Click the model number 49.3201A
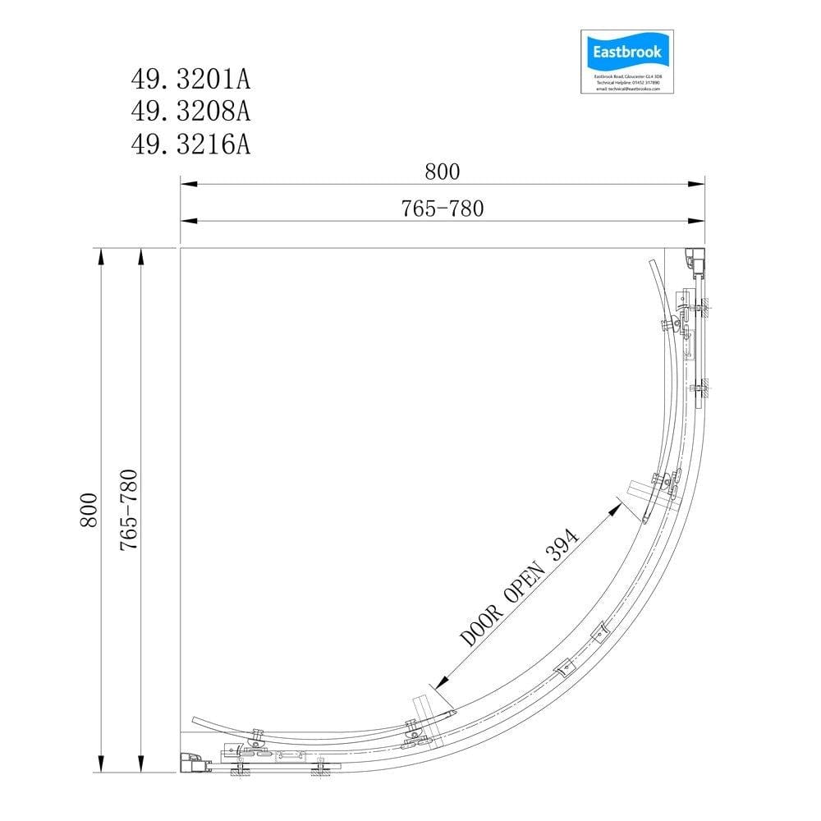[190, 80]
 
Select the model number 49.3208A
[190, 112]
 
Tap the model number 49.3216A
[190, 144]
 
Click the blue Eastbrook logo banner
[626, 53]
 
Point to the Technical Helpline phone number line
[626, 82]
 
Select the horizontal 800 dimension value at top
[443, 172]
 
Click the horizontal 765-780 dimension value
[443, 209]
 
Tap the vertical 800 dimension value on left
[89, 510]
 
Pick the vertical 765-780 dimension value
[128, 510]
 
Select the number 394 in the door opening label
[564, 542]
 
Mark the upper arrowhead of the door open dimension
[615, 509]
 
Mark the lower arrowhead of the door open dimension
[440, 682]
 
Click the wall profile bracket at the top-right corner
[695, 262]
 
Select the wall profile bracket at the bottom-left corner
[194, 764]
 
